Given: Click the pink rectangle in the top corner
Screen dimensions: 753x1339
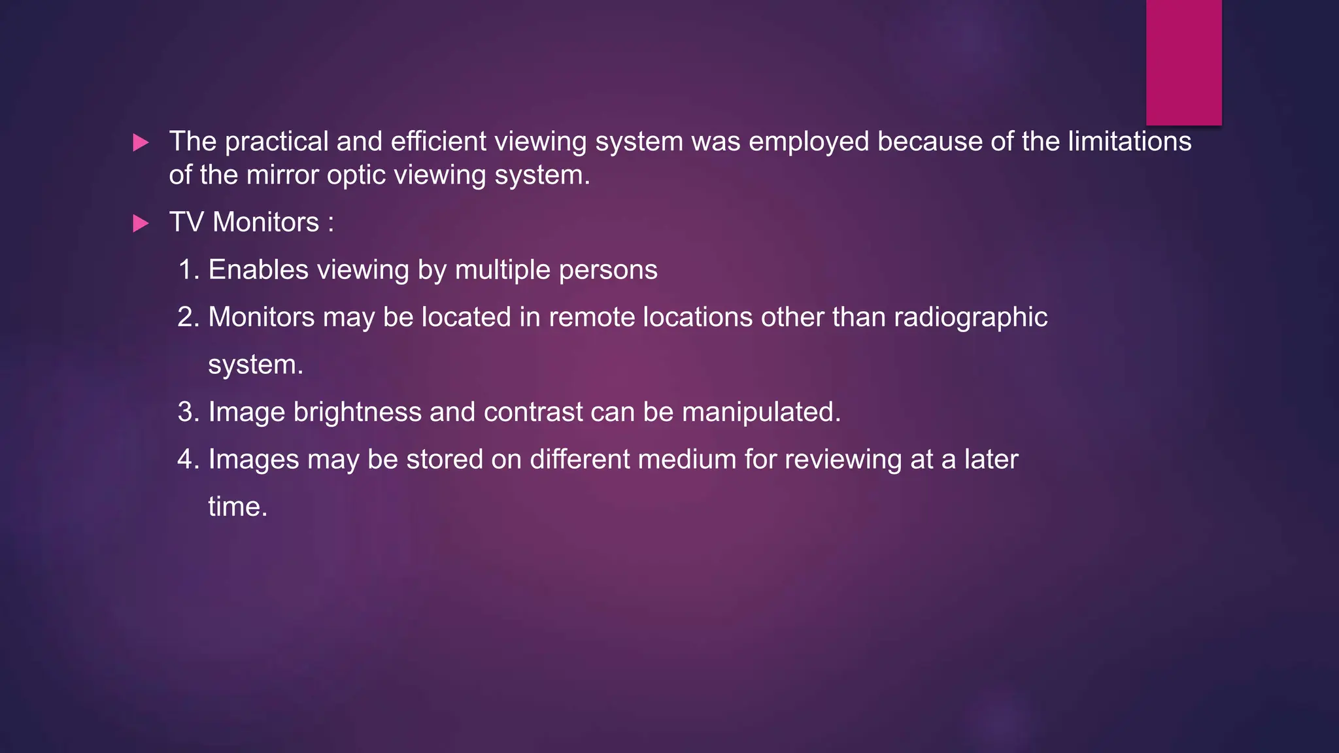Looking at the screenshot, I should coord(1183,62).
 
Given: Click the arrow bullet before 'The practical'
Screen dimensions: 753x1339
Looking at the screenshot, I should coord(141,142).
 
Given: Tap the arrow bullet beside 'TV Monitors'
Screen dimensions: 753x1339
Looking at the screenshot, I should coord(141,224).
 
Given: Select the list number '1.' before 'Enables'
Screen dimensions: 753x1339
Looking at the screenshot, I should coord(189,270).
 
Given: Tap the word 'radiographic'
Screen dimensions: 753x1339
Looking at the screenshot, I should coord(970,318).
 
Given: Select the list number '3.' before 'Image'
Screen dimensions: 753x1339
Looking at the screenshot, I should coord(189,412).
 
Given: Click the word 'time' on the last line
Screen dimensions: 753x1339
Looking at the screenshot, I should coord(233,507).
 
